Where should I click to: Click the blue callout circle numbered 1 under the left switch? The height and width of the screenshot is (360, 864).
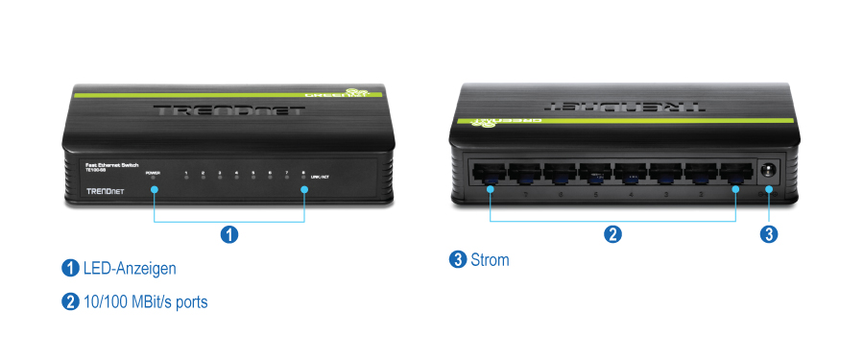coord(229,234)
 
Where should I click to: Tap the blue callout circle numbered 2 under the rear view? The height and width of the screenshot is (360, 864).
coord(612,233)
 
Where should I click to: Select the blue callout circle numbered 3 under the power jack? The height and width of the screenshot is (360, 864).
coord(768,233)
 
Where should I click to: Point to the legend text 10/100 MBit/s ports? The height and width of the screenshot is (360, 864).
coord(146,301)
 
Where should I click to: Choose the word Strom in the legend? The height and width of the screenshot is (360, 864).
coord(491,259)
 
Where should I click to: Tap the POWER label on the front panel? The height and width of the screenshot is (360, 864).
coord(153,173)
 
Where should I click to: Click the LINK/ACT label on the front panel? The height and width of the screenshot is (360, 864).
coord(321,178)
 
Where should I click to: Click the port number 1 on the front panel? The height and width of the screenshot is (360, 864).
coord(186,173)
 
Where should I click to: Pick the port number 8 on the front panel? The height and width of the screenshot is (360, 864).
coord(303,173)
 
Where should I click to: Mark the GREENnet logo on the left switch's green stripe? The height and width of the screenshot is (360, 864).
coord(338,94)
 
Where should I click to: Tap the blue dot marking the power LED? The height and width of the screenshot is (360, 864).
coord(154,188)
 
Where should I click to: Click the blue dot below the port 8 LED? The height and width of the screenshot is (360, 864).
coord(304,188)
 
